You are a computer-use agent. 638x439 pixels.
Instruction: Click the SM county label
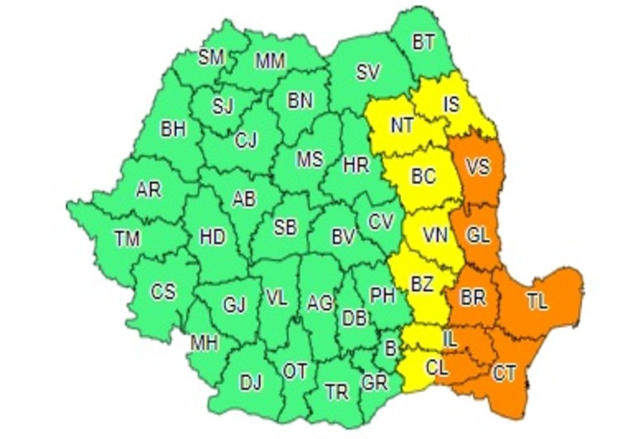pos(211,57)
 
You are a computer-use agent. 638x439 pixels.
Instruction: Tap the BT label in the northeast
pos(423,43)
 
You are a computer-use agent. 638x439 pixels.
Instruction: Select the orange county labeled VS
pos(478,167)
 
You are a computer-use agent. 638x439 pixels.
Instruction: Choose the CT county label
pos(504,373)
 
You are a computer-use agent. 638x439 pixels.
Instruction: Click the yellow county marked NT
pos(401,126)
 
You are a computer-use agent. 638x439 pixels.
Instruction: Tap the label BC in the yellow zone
pos(423,177)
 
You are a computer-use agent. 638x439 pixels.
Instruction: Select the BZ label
pos(422,285)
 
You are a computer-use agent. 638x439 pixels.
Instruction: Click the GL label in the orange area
pos(477,236)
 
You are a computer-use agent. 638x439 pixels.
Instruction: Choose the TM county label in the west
pos(127,239)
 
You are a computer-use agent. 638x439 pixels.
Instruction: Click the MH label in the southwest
pos(204,343)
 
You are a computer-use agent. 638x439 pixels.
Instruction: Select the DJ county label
pos(251,383)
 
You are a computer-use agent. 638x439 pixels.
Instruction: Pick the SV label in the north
pos(367,73)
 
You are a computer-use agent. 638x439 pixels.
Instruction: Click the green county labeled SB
pos(285,227)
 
